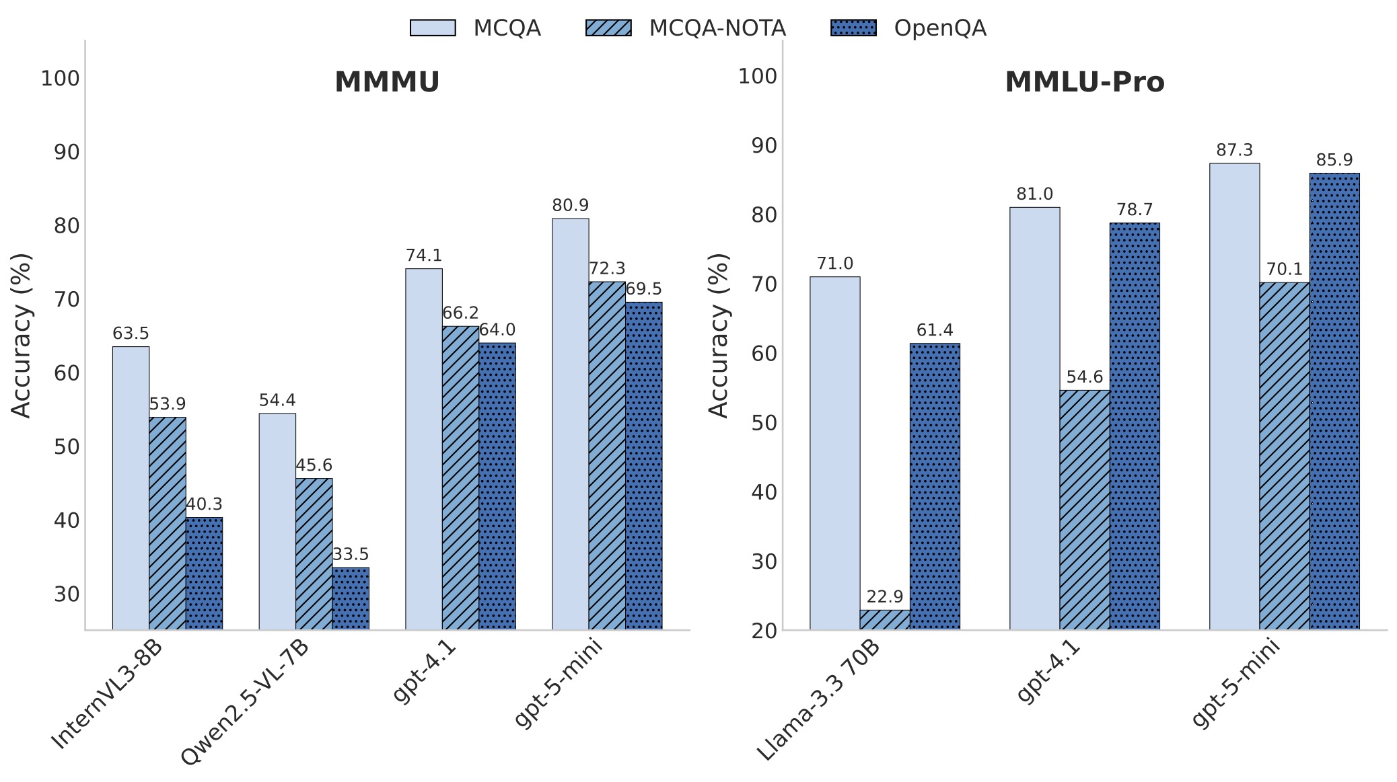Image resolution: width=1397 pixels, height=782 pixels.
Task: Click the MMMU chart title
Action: (386, 82)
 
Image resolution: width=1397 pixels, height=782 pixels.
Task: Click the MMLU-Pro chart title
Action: (1084, 82)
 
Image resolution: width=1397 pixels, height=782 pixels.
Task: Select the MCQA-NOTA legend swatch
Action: (608, 28)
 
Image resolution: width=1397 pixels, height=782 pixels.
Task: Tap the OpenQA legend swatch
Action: (853, 28)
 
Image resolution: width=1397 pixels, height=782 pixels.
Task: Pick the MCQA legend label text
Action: (507, 28)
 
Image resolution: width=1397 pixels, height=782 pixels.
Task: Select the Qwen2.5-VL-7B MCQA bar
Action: (277, 521)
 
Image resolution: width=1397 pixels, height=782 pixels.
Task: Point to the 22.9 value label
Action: (884, 596)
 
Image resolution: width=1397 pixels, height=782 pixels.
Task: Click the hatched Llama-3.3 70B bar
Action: (884, 619)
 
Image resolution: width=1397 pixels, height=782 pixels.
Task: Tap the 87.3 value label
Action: (1234, 150)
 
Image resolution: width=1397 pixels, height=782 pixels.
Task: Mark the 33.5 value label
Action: (351, 554)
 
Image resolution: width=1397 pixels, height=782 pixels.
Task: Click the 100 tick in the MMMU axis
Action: (60, 79)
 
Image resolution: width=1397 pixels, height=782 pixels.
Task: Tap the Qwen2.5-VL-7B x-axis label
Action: (244, 703)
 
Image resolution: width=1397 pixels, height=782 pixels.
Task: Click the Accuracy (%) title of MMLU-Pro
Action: (719, 335)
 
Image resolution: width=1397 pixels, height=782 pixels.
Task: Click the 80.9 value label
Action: (570, 205)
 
